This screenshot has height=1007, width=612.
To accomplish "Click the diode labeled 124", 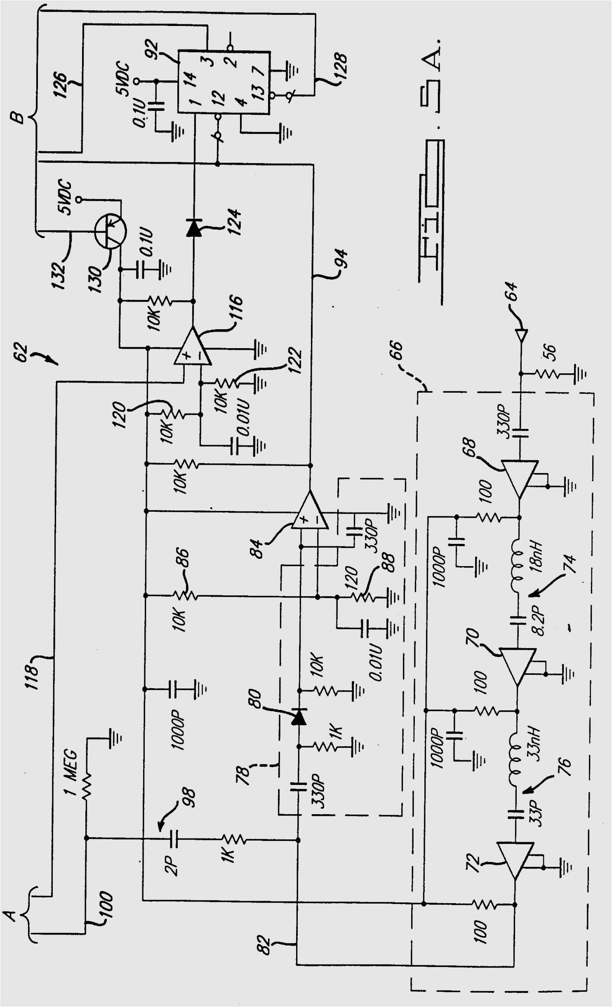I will (194, 228).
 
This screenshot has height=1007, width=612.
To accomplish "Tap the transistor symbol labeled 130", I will (110, 232).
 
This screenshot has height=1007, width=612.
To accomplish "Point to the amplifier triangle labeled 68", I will (520, 478).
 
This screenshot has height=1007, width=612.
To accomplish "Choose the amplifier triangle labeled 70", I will (518, 665).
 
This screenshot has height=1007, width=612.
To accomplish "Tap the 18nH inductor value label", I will (536, 556).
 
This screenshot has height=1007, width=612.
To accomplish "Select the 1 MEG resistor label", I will (71, 772).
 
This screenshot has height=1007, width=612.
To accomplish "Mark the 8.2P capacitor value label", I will (539, 621).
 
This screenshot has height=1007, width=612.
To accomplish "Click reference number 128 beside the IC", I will (341, 66).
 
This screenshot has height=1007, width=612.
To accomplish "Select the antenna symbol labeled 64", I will (521, 335).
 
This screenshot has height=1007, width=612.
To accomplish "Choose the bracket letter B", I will (17, 117).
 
